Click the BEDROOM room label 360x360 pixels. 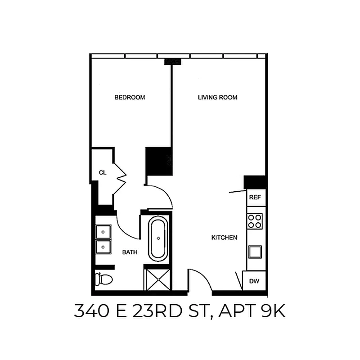point(130,97)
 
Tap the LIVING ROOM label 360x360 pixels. point(217,97)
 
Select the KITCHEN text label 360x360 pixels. point(224,237)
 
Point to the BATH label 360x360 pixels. point(130,252)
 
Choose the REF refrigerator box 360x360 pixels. point(255,197)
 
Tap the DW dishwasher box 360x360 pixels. point(255,281)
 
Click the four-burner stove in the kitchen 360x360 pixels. point(255,221)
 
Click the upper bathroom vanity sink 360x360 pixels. point(103,231)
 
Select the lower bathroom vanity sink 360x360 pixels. point(103,247)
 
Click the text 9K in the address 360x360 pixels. point(273,311)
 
